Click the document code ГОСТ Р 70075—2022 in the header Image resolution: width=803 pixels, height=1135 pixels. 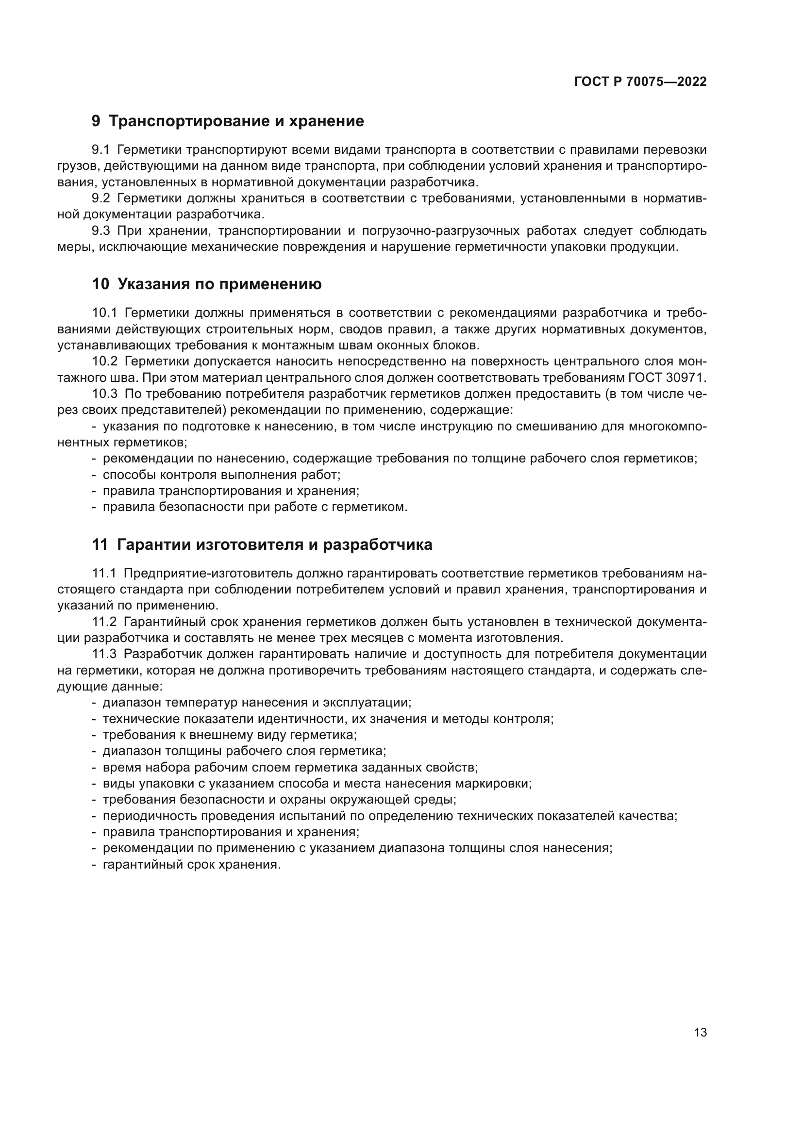click(x=640, y=82)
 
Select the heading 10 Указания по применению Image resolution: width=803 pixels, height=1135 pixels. click(x=207, y=284)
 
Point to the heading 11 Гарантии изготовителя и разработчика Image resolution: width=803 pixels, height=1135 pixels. click(x=262, y=545)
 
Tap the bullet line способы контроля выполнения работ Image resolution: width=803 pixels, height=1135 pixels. click(x=221, y=475)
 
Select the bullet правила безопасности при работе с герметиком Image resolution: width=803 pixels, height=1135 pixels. click(x=255, y=507)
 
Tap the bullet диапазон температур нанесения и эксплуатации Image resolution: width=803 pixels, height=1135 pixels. click(x=257, y=703)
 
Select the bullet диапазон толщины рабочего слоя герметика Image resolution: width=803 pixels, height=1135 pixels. click(x=244, y=751)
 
